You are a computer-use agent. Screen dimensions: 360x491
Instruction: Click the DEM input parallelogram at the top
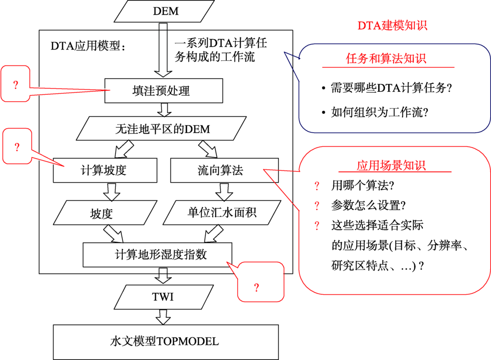click(x=166, y=11)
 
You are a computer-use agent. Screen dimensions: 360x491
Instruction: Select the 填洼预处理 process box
click(x=161, y=90)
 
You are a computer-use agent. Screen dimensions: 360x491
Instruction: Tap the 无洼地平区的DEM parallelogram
click(x=163, y=129)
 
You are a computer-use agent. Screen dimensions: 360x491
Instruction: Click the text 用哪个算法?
click(x=363, y=186)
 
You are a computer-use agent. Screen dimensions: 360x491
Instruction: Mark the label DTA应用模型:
click(x=88, y=46)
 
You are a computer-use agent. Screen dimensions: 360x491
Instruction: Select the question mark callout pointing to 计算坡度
click(x=18, y=146)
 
